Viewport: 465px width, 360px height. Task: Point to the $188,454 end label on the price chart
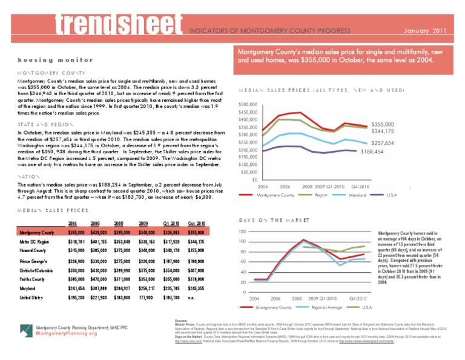[x=374, y=152]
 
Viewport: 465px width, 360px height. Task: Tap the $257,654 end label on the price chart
[x=382, y=142]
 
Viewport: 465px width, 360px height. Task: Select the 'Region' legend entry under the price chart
[x=322, y=195]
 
